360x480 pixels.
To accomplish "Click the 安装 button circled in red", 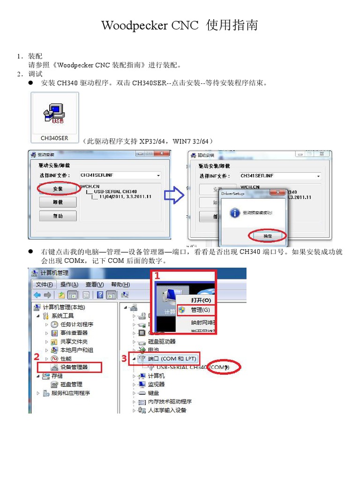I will click(x=58, y=189).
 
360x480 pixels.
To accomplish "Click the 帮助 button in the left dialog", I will click(x=58, y=216).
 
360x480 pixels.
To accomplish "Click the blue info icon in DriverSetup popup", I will click(x=234, y=213).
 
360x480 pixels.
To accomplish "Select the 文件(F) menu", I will click(x=45, y=285).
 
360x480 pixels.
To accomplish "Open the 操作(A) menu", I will click(x=69, y=285).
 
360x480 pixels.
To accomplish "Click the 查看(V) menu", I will click(x=94, y=285).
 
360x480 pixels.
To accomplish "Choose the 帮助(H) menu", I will click(x=120, y=285).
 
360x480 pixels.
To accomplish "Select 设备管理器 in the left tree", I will click(x=74, y=367).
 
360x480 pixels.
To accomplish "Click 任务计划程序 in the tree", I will click(x=77, y=324).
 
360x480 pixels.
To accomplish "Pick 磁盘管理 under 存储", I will click(x=71, y=384).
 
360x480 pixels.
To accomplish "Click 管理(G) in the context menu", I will click(x=201, y=310).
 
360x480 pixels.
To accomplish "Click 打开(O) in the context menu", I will click(x=201, y=300).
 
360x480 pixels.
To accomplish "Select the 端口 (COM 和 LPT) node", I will click(x=172, y=359).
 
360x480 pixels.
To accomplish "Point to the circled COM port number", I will click(x=219, y=367).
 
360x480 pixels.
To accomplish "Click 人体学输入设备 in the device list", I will click(x=167, y=410).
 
